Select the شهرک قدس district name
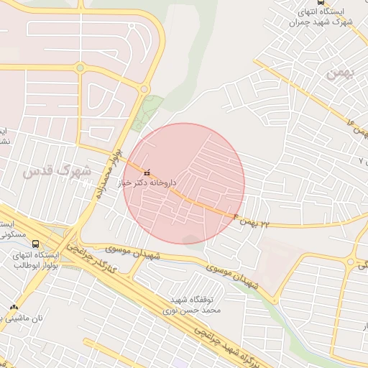click(x=57, y=172)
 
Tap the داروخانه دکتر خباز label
click(x=149, y=183)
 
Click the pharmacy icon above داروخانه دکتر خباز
click(x=148, y=172)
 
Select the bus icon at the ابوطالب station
click(x=37, y=244)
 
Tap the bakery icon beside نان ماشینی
click(x=13, y=307)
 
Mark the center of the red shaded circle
click(x=184, y=183)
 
